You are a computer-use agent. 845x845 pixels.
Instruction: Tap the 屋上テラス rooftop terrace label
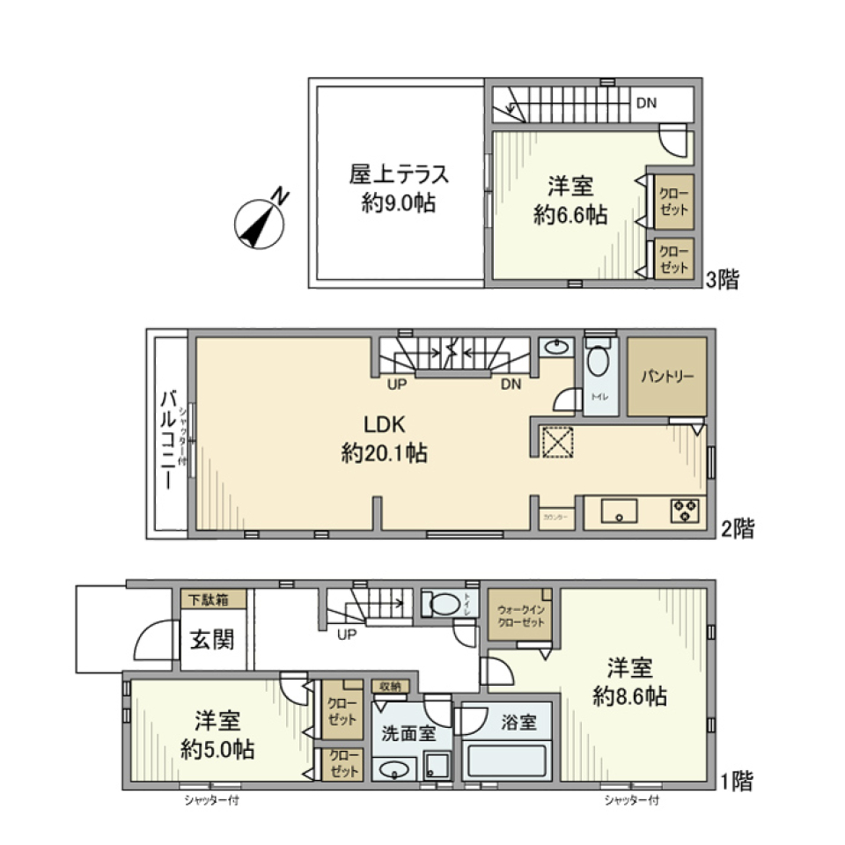[399, 174]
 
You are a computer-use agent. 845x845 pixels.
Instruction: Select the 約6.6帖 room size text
[569, 215]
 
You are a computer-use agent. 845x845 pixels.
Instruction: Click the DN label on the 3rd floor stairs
[646, 103]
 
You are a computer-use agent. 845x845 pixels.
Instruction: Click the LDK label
[385, 425]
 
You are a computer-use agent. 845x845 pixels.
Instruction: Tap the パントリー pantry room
[666, 377]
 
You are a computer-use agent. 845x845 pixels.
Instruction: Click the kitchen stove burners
[685, 511]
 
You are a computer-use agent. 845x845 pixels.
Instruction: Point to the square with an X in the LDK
[556, 442]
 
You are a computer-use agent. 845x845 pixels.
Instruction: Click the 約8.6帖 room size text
[629, 696]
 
